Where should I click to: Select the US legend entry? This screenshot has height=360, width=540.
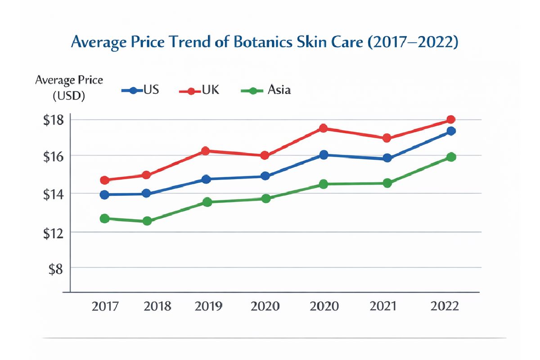coord(140,90)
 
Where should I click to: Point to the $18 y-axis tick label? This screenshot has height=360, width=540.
coord(55,120)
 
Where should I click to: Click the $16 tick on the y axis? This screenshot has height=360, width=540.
coord(55,157)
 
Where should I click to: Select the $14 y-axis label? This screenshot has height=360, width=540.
coord(55,194)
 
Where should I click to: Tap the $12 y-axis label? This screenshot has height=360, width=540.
coord(55,232)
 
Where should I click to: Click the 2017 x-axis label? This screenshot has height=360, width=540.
coord(105,306)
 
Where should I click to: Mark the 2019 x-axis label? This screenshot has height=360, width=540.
coord(208,306)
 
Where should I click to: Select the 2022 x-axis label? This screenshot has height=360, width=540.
coord(445,306)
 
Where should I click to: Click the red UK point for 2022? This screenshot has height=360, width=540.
coord(450,120)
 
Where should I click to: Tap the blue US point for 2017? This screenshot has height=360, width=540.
coord(104,195)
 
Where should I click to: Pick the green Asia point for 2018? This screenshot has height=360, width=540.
coord(147,221)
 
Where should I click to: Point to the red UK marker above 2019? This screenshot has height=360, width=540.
coord(205,151)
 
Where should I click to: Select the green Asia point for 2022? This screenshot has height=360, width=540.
coord(451,157)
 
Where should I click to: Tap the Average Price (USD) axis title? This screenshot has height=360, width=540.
coord(69,88)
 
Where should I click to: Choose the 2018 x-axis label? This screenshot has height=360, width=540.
coord(157,306)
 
